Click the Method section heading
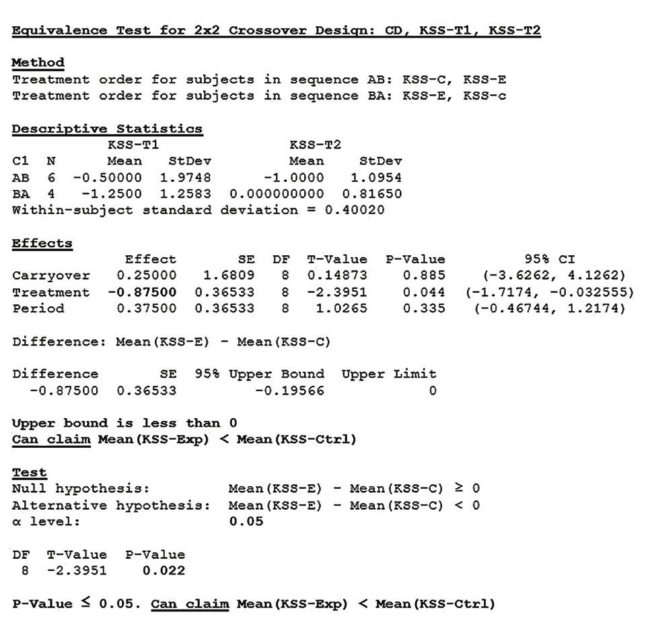[38, 63]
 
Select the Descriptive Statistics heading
[107, 129]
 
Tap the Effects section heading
[42, 243]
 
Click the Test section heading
[30, 473]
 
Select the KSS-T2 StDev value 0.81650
[372, 194]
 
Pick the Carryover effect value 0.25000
[146, 276]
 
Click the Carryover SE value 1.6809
[229, 276]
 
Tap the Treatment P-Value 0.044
[424, 292]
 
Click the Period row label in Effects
[38, 308]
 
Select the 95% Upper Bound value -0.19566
[289, 391]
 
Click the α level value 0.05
[246, 522]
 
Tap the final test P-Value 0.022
[164, 571]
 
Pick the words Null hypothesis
[80, 489]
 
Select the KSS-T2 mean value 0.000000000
[276, 194]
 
